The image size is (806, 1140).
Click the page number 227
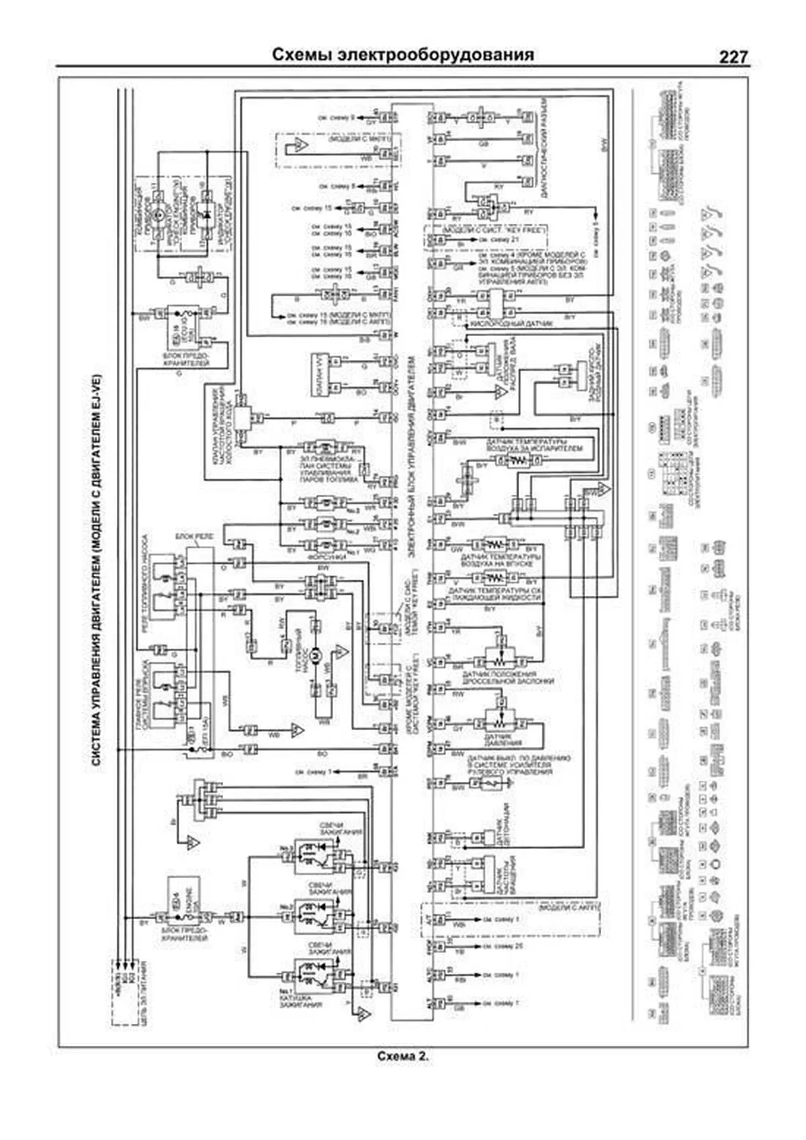(x=733, y=58)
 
